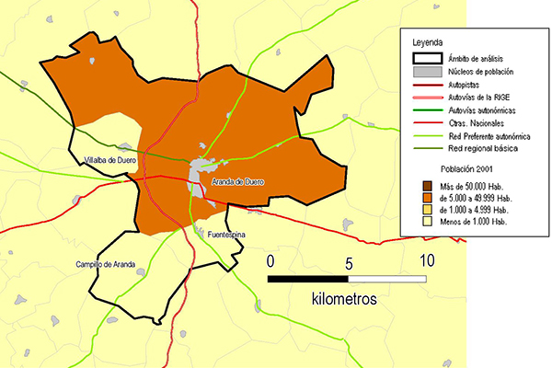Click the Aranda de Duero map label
click(x=237, y=182)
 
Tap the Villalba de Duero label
click(x=109, y=159)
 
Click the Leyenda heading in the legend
click(x=428, y=43)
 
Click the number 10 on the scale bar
click(x=425, y=260)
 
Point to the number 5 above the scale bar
click(x=348, y=261)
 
